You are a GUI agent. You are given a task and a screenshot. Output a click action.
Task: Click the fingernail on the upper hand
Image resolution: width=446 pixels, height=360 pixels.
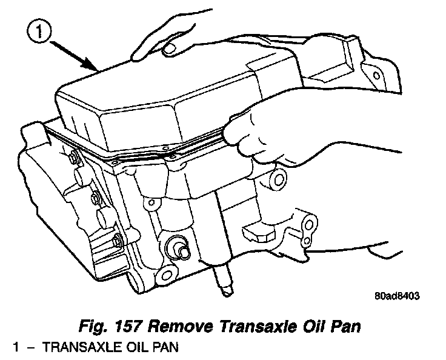(171, 46)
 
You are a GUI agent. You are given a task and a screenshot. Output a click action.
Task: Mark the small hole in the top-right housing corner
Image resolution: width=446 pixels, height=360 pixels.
(377, 76)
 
